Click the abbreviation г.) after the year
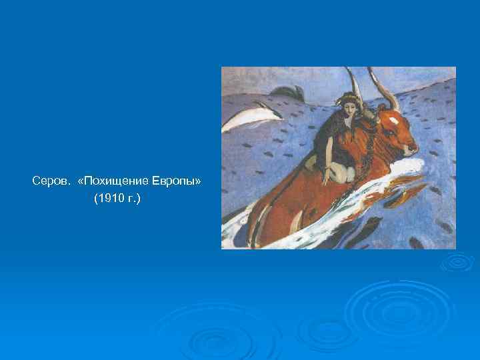[133, 199]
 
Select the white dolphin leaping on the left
[247, 119]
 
